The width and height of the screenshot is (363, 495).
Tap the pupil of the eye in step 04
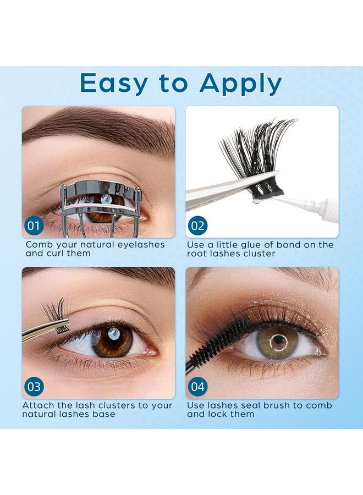(x=279, y=339)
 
